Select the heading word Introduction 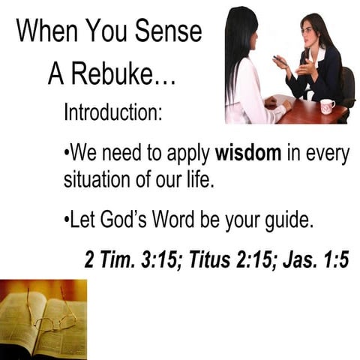click(x=112, y=114)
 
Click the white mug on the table click(x=327, y=106)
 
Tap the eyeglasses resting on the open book click(x=52, y=321)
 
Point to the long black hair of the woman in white click(x=239, y=52)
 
